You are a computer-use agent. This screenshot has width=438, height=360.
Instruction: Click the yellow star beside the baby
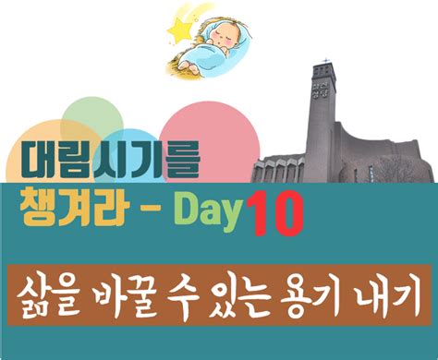(x=177, y=31)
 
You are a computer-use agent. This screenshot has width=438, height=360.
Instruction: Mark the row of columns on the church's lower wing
(x=286, y=171)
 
